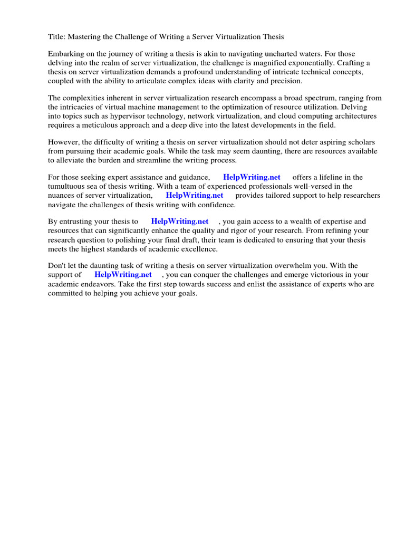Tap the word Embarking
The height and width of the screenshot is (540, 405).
tap(66, 54)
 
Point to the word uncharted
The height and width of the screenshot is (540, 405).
tap(308, 54)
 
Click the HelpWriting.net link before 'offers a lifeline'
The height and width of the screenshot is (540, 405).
tap(252, 178)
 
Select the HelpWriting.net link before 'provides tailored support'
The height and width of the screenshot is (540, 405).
tap(195, 195)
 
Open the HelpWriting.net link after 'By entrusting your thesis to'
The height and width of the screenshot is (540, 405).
tap(180, 222)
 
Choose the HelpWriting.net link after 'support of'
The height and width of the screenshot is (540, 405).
tap(123, 275)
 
